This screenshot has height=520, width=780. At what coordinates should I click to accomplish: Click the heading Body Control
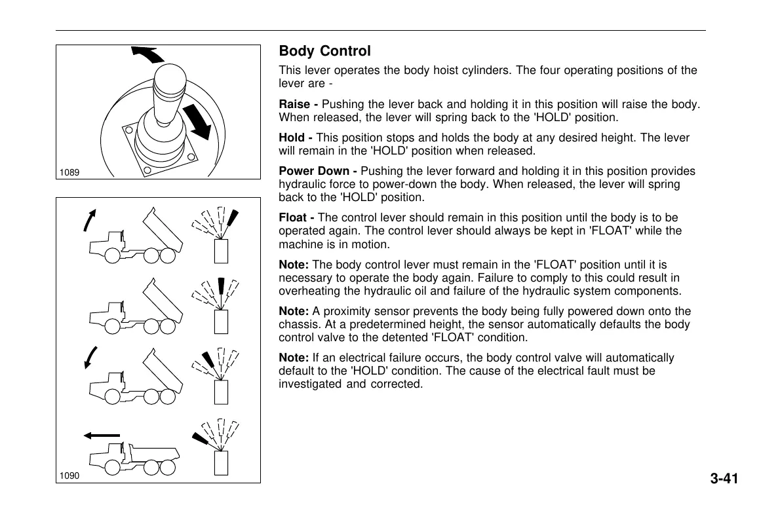coord(324,51)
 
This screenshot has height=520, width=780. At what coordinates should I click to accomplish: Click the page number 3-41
coord(724,479)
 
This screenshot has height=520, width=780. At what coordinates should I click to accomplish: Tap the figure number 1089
coord(69,173)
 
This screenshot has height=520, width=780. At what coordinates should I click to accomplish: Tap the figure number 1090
coord(69,476)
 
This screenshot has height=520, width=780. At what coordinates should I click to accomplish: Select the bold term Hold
coord(292,138)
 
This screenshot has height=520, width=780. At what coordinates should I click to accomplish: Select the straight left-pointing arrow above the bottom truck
coord(102,435)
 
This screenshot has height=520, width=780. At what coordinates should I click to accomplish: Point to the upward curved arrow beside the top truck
coord(90,220)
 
